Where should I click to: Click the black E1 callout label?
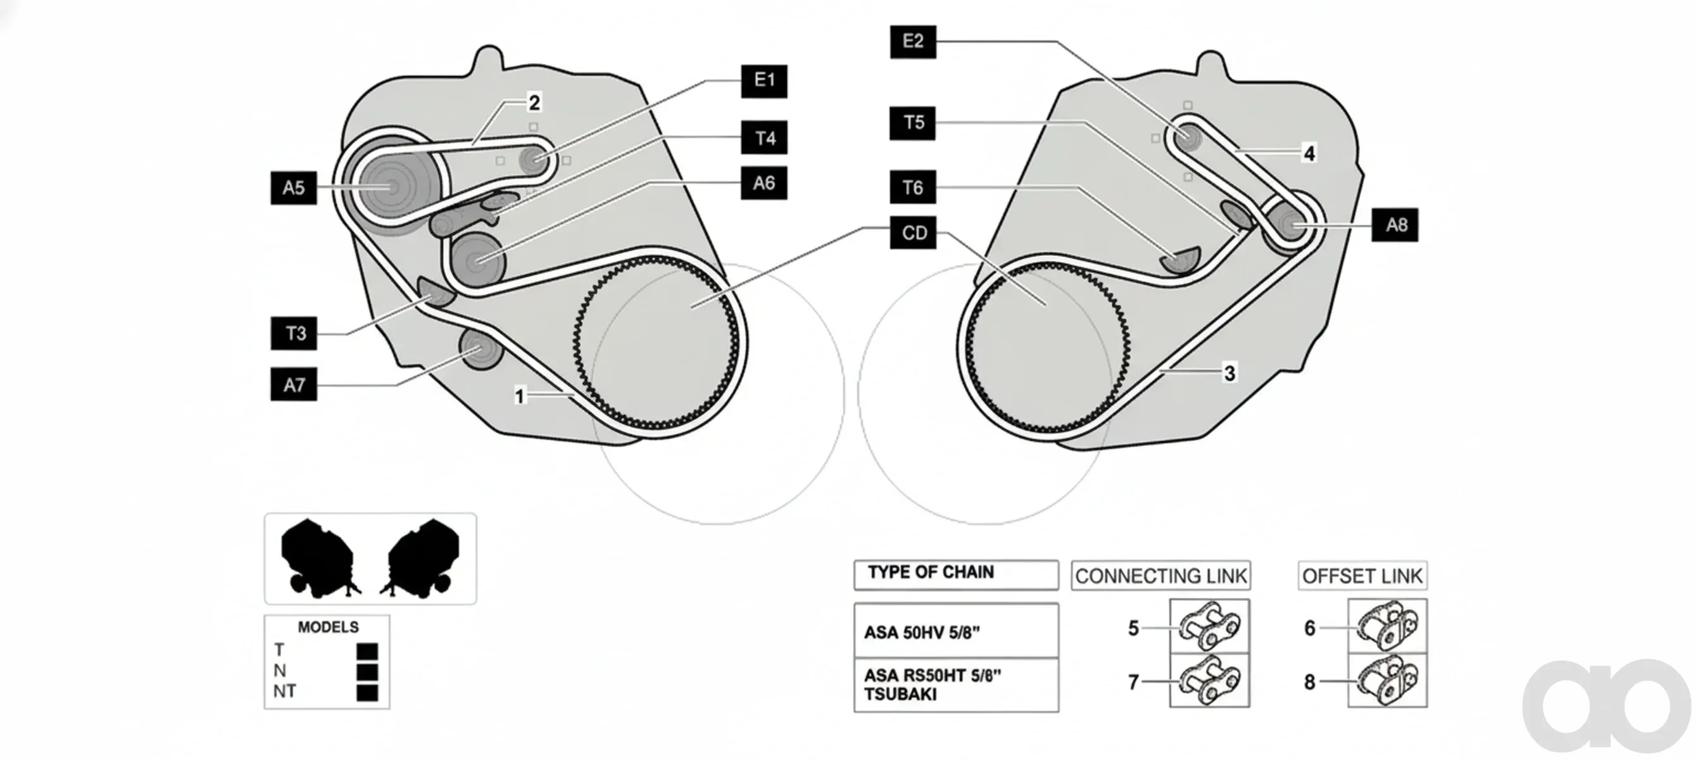click(764, 81)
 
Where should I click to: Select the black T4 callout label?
click(764, 138)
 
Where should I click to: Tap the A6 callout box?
click(764, 182)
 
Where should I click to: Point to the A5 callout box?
click(293, 188)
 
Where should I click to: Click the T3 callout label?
click(294, 333)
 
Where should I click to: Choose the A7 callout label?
click(294, 384)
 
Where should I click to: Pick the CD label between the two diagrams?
click(913, 232)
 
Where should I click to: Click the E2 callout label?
click(913, 42)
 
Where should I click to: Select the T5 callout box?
click(913, 123)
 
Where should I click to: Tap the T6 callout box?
click(913, 188)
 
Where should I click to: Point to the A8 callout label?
click(1395, 225)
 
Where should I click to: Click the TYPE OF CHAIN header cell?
click(957, 575)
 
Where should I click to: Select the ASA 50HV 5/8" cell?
click(957, 631)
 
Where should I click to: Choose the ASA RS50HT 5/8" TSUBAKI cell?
click(957, 685)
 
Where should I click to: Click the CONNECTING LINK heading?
click(1160, 576)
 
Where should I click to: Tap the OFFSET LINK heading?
click(1362, 576)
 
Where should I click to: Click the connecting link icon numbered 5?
click(1210, 626)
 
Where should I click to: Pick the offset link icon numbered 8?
click(1388, 680)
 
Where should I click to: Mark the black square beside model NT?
click(367, 693)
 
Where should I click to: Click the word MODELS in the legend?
click(328, 627)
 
